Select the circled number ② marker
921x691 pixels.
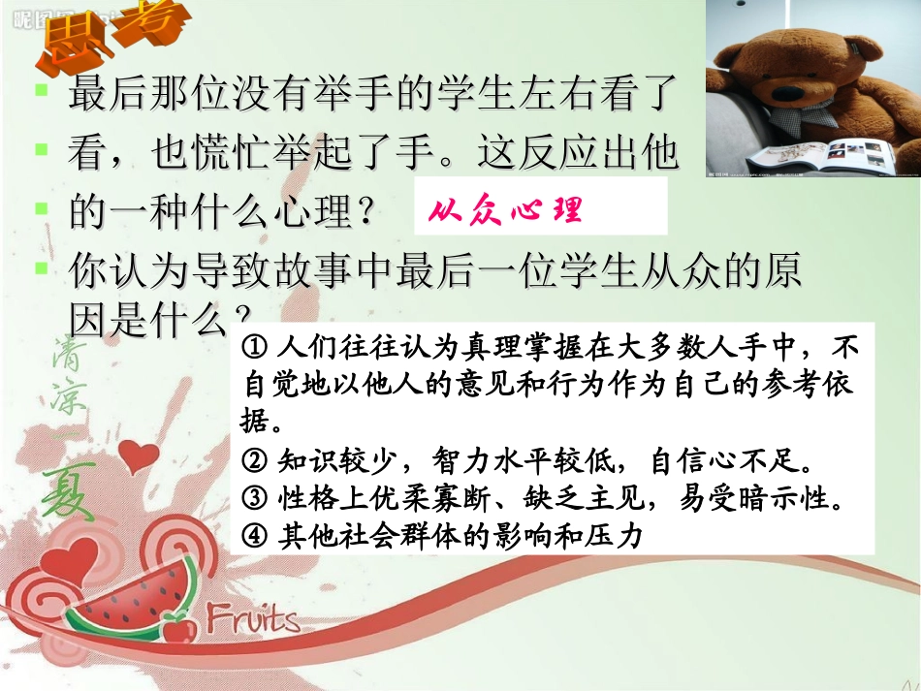256,461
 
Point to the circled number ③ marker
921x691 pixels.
256,498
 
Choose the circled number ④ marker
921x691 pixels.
256,534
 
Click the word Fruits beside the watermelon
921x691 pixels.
253,616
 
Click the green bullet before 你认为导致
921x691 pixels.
41,267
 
